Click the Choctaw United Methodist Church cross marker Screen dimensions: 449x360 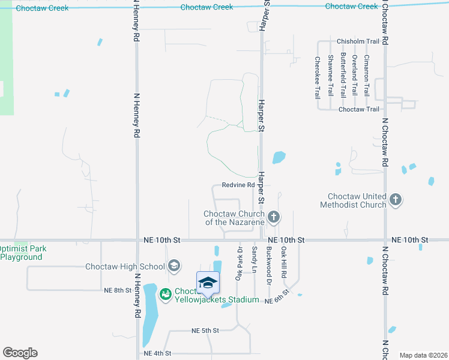[395, 199]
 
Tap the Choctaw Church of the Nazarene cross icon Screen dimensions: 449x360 [274, 217]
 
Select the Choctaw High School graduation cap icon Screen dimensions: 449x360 [174, 266]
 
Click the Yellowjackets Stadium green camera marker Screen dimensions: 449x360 [164, 294]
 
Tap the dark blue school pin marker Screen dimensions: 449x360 [208, 283]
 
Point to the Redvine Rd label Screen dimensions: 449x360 [238, 185]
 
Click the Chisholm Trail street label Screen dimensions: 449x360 [358, 41]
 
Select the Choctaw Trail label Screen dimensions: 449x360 [359, 109]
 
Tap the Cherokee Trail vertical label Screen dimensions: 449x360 [317, 77]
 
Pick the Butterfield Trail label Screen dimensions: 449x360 [343, 75]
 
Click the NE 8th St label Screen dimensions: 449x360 [118, 290]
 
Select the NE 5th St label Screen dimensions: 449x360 [205, 331]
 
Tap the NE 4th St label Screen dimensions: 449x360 [157, 353]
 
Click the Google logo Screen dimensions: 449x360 [20, 353]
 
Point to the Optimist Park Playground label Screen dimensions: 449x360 [22, 253]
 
